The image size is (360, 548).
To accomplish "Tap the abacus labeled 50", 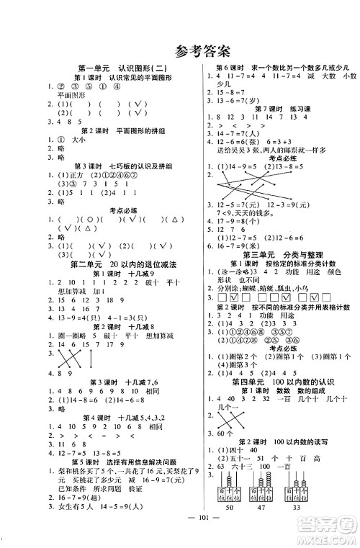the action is point(224,493).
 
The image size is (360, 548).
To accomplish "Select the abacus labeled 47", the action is point(256,493).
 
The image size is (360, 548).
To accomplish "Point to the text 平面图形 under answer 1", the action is point(71,96).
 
